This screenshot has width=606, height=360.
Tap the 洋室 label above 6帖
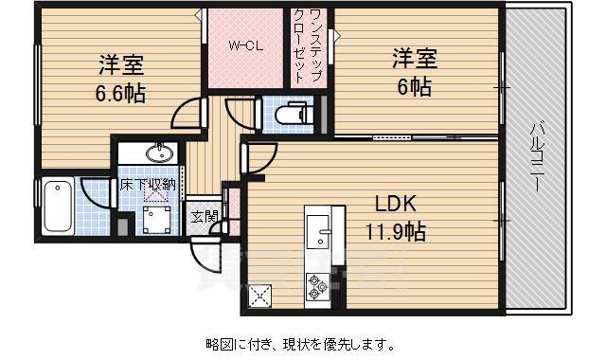coord(414,58)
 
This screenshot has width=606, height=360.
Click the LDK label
coord(395,204)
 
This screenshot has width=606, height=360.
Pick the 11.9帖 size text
coord(396,230)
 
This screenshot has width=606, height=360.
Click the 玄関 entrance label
coord(203,217)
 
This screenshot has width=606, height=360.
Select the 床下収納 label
coord(147,185)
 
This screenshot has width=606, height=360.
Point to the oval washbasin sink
coord(157,153)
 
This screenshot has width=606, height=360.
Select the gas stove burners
coord(315,284)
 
